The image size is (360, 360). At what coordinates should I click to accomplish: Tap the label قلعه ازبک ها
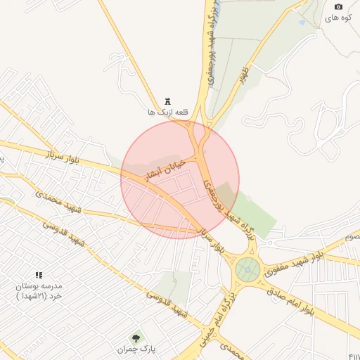(161, 112)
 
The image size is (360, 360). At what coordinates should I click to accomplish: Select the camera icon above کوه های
(337, 7)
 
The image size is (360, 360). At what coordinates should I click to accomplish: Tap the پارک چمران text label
(136, 349)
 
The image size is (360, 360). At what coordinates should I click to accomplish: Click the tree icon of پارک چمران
(136, 338)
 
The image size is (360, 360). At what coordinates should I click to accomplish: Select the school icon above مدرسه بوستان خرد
(39, 276)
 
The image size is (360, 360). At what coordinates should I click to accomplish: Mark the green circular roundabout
(247, 269)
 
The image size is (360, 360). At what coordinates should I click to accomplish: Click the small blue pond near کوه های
(302, 22)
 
